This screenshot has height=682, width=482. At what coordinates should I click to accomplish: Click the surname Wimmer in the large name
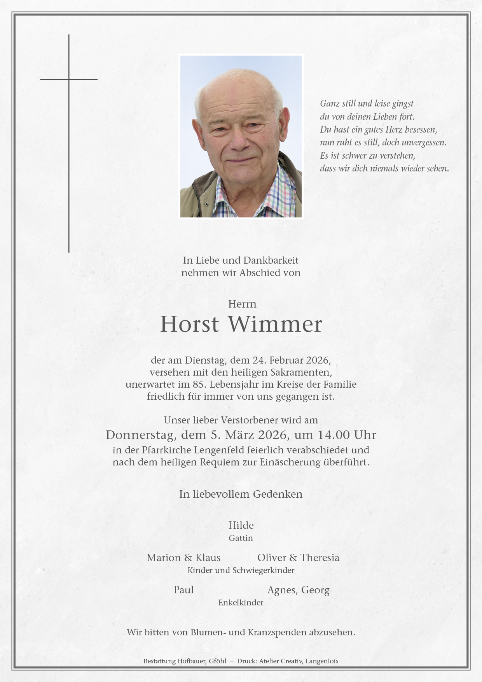[x=275, y=324]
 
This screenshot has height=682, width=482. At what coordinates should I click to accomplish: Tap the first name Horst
[x=190, y=324]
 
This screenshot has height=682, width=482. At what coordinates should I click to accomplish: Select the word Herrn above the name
[x=242, y=304]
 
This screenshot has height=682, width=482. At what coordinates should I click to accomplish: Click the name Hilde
[x=241, y=525]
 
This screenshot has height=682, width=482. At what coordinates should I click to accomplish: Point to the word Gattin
[x=241, y=538]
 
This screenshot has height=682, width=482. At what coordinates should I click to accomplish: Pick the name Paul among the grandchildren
[x=183, y=590]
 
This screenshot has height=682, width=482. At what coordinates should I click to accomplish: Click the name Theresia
[x=320, y=558]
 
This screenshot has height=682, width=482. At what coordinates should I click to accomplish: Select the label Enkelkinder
[x=241, y=603]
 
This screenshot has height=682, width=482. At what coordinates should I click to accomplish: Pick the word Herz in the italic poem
[x=394, y=129]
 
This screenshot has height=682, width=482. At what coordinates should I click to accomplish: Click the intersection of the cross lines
[x=69, y=80]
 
